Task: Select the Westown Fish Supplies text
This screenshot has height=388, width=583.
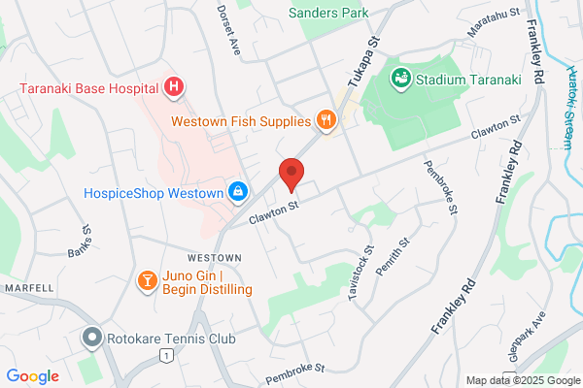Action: [x=241, y=121]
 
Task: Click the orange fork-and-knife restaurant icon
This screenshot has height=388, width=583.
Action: [x=326, y=121]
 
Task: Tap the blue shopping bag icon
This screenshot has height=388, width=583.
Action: [x=236, y=192]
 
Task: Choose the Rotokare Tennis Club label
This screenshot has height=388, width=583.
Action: [x=172, y=339]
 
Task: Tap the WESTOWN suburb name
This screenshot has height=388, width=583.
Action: [x=214, y=257]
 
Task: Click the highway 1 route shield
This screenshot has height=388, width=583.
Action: [x=168, y=358]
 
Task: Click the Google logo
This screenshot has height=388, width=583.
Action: [x=33, y=376]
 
